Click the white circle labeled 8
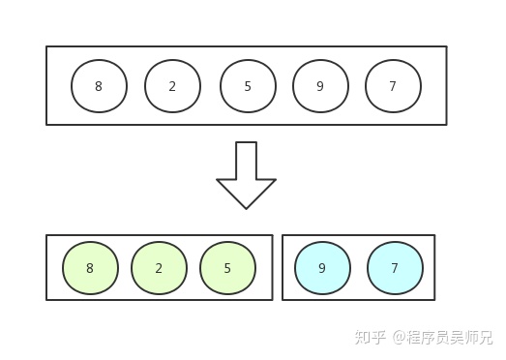(x=99, y=86)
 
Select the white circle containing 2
(x=172, y=86)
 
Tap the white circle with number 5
(x=248, y=86)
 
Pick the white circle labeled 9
(x=320, y=86)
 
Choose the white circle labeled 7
(x=393, y=86)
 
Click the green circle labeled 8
(x=90, y=268)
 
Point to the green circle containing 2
(x=159, y=268)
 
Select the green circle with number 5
(x=227, y=268)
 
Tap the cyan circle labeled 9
(x=322, y=268)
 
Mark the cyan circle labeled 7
(x=395, y=268)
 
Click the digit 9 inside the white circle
(x=320, y=86)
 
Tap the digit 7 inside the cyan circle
(x=395, y=268)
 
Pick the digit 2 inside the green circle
(x=159, y=268)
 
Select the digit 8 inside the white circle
(x=99, y=86)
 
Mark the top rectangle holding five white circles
(x=246, y=52)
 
